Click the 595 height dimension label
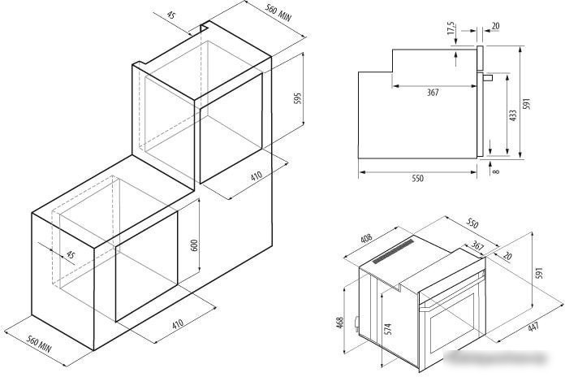pos(297,98)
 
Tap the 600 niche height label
pos(194,245)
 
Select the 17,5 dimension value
pos(451,28)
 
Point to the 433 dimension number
pos(513,115)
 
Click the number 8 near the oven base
pos(497,171)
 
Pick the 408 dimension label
pos(366,238)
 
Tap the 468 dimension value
pos(340,323)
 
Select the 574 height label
pos(388,329)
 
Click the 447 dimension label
pos(533,327)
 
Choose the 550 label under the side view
pos(417,179)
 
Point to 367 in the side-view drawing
pos(433,93)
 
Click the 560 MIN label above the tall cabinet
pos(278,13)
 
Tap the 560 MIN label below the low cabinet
pos(39,344)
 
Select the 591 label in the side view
pos(527,103)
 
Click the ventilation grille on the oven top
pos(394,252)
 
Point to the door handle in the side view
pos(488,77)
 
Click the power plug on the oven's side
pos(356,323)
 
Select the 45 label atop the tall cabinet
pos(171,15)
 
